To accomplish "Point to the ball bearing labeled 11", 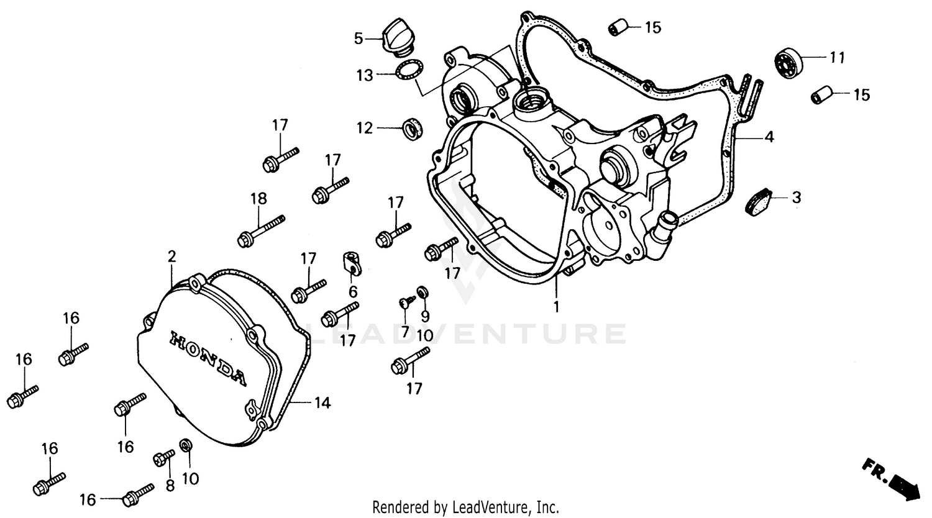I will click(790, 61).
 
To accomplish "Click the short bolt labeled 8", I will click(163, 458).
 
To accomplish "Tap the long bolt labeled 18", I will click(261, 230).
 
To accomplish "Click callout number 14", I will click(321, 403).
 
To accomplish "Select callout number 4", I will click(769, 137).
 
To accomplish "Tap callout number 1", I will click(557, 306).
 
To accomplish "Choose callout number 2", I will click(171, 255).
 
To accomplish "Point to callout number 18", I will click(258, 199).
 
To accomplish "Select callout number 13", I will click(365, 75).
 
